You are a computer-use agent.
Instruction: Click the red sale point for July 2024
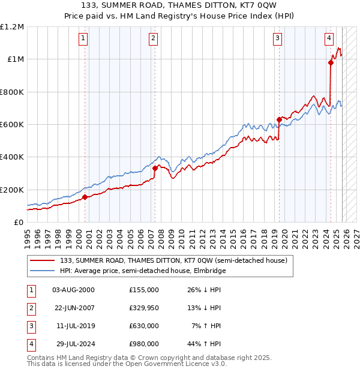(331, 62)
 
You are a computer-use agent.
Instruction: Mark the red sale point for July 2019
(279, 119)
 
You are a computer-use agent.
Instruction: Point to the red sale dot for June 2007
(155, 168)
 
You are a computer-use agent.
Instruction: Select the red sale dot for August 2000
(85, 197)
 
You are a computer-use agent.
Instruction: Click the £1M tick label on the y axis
(14, 59)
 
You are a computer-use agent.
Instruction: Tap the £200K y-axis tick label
(11, 190)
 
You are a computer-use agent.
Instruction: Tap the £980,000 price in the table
(143, 344)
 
